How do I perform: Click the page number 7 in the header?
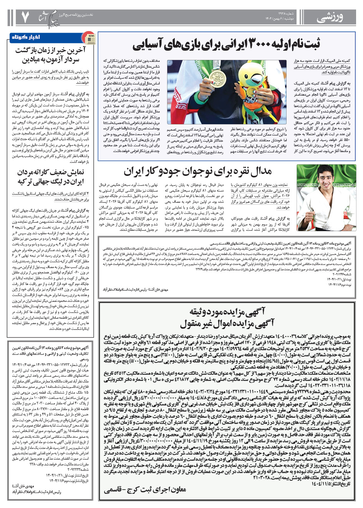[x=25, y=17]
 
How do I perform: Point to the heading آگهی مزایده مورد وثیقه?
[x=227, y=311]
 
